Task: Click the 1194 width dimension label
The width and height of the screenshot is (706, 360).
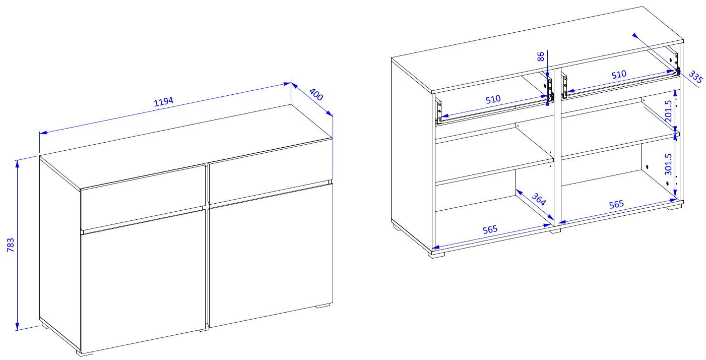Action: pos(164,101)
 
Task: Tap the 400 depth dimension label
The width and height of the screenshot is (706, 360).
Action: pos(316,94)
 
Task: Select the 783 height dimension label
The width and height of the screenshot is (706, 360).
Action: pos(11,245)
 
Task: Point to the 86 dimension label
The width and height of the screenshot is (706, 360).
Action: pos(540,57)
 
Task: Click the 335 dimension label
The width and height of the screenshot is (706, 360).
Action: pos(695,77)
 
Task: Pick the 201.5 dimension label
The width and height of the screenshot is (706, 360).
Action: pos(668,111)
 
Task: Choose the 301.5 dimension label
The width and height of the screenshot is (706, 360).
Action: pos(668,164)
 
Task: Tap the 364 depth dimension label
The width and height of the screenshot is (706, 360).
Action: pos(539,199)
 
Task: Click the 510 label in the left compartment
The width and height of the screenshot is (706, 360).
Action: pos(493,99)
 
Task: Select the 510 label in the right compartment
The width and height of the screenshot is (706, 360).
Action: pos(619,75)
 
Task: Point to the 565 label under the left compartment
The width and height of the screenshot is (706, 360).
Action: pos(490,229)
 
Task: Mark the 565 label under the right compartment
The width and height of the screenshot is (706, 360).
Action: pos(616,204)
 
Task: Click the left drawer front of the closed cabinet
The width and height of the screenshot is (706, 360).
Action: pos(144,197)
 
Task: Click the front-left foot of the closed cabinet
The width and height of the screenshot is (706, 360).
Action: pos(85,353)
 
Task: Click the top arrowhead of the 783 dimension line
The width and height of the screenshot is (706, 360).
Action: pos(17,163)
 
